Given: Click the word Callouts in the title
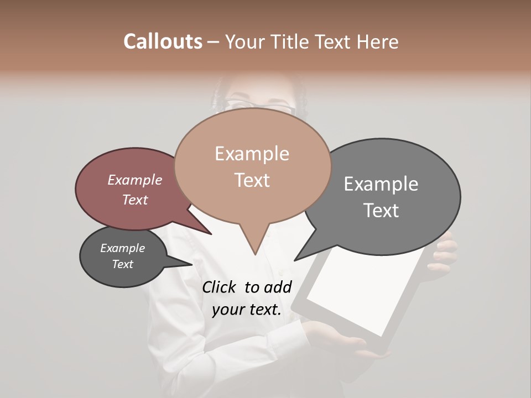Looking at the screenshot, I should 163,41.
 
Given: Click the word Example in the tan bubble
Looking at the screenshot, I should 252,154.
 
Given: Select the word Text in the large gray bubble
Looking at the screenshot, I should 381,211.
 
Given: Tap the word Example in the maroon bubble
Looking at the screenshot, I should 134,180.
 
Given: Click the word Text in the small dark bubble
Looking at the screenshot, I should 122,264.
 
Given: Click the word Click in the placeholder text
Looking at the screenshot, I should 220,287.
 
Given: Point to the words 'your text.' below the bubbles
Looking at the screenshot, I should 246,310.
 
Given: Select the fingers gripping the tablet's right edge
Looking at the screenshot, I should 445,252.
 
